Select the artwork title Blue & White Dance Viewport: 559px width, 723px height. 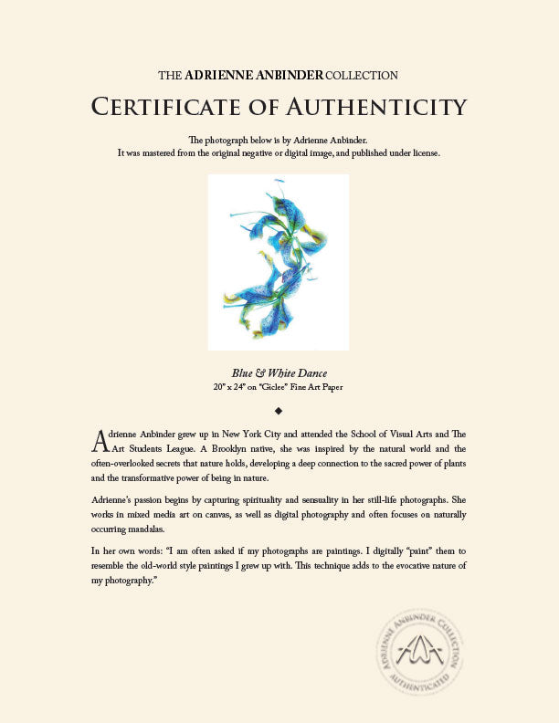pyautogui.click(x=279, y=372)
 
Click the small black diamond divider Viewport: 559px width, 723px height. pyautogui.click(x=279, y=410)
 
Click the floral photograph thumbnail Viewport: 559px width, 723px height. pyautogui.click(x=279, y=262)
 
